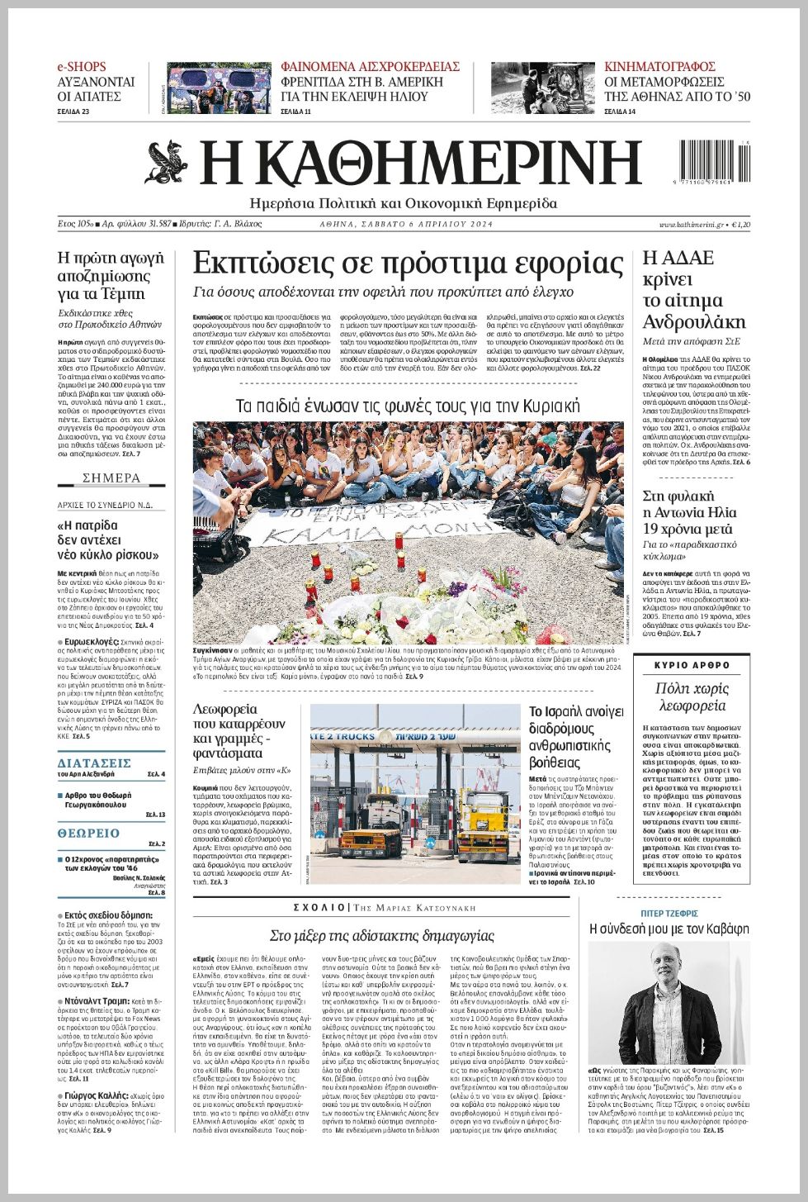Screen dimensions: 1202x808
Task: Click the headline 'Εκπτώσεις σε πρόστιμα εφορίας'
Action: (408, 264)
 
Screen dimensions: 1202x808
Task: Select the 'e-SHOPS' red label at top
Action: (82, 66)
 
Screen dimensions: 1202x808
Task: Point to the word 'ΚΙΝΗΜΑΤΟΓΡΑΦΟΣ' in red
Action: (659, 66)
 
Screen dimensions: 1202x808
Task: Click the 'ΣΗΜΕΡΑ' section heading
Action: (111, 477)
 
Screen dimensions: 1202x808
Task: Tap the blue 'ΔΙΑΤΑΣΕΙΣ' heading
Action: (94, 763)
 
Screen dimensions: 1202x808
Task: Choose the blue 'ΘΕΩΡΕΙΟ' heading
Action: (88, 834)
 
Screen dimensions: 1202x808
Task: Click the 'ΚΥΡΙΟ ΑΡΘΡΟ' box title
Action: (692, 665)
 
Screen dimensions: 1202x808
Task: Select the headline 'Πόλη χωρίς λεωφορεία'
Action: (692, 696)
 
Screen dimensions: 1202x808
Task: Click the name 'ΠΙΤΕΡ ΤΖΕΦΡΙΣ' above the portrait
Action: (669, 913)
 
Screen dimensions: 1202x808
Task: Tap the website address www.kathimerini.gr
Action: (691, 225)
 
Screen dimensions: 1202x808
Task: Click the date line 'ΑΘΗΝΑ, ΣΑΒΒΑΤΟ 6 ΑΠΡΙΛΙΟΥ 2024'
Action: (406, 225)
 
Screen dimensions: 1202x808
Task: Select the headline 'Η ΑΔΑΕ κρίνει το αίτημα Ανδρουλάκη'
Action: (693, 290)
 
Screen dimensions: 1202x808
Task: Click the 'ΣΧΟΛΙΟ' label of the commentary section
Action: (319, 907)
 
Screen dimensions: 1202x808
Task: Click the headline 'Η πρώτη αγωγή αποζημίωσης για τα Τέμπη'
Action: (111, 275)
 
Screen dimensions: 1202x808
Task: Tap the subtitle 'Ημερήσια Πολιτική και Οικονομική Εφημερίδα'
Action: (404, 203)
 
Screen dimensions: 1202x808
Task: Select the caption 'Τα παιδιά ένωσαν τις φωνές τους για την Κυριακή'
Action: (408, 406)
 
